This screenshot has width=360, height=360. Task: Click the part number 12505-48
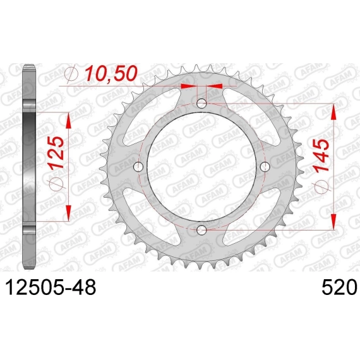51,287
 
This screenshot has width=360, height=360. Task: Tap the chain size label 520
339,287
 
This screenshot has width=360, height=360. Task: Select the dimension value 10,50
111,73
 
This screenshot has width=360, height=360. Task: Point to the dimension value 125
56,153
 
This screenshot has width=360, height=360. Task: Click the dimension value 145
321,155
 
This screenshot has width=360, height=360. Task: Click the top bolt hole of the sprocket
201,104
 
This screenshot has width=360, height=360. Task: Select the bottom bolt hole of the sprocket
201,230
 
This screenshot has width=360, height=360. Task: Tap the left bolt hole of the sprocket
138,167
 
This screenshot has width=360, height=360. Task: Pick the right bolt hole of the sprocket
265,167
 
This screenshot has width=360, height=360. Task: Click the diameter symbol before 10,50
71,74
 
